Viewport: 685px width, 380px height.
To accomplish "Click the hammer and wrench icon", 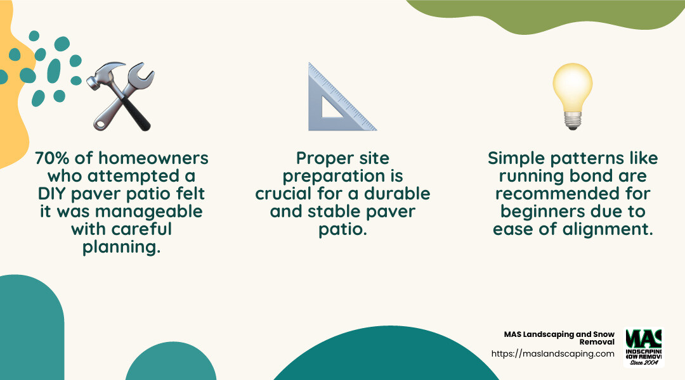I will [x=121, y=96].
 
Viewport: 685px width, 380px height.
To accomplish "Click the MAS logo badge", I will [x=644, y=347].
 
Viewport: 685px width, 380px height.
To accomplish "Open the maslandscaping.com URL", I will [x=552, y=354].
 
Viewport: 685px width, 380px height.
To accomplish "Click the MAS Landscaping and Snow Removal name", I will [x=559, y=338].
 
